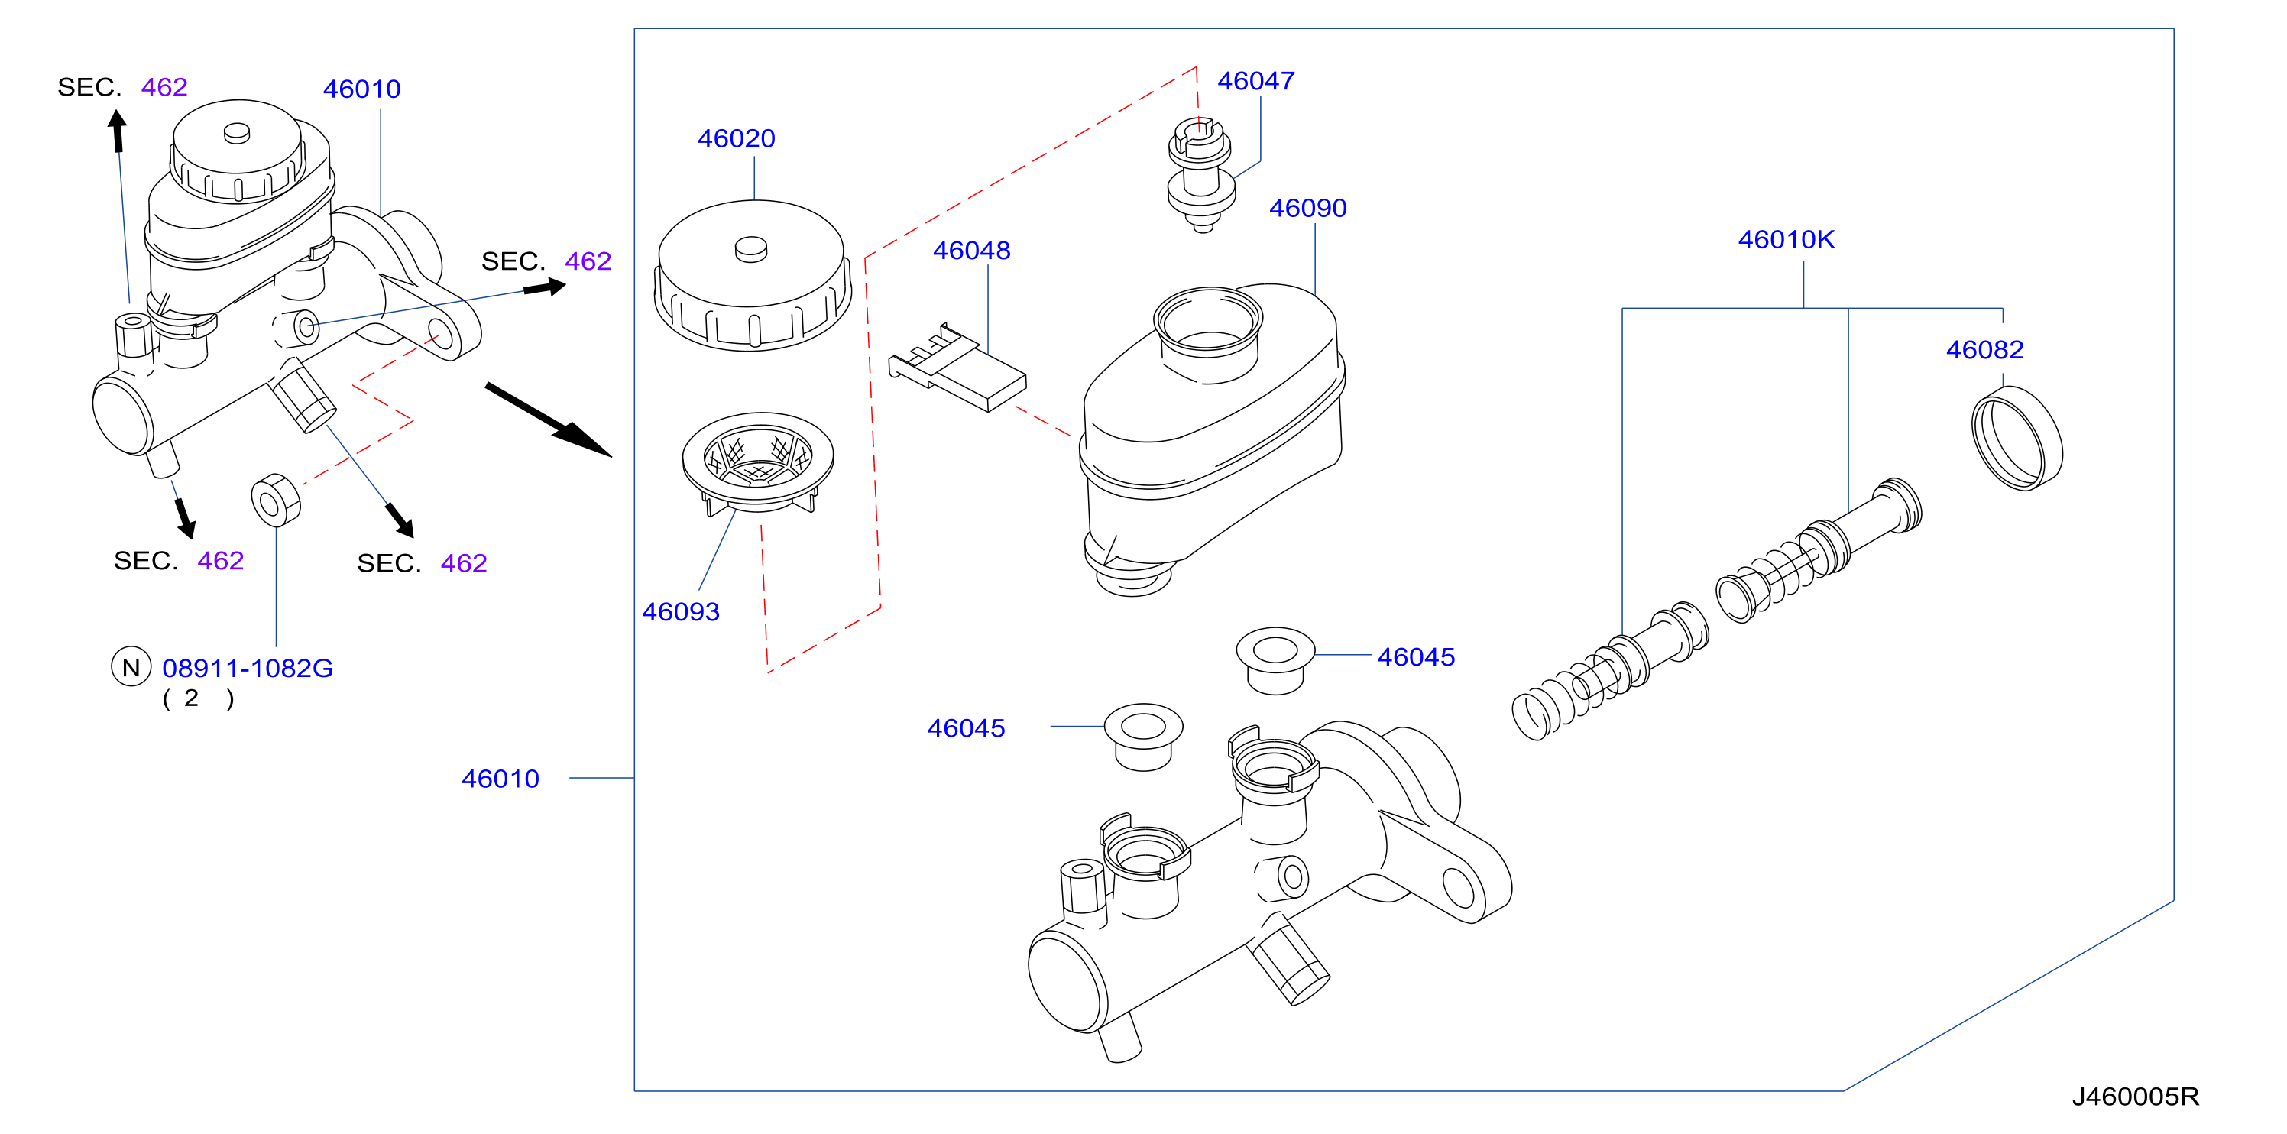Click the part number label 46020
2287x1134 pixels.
point(736,138)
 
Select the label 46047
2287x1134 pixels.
point(1255,81)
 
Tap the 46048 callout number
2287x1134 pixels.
point(971,251)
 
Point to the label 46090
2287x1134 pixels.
point(1307,208)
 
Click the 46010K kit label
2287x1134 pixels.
point(1786,240)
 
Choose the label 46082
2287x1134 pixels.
point(1984,350)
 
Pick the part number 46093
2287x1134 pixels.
point(680,612)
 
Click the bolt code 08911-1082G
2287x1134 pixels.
point(247,668)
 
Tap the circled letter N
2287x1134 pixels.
point(131,667)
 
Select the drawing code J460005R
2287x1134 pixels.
point(2135,1097)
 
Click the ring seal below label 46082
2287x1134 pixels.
point(2017,438)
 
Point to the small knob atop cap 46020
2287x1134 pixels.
point(751,250)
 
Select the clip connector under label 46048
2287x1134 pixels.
point(957,368)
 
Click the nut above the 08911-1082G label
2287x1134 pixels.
point(276,500)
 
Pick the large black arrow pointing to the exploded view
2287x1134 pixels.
point(549,420)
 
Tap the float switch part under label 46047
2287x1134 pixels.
point(1200,175)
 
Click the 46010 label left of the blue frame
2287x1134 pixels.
point(500,779)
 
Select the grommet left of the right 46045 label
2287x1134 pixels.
point(1275,661)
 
